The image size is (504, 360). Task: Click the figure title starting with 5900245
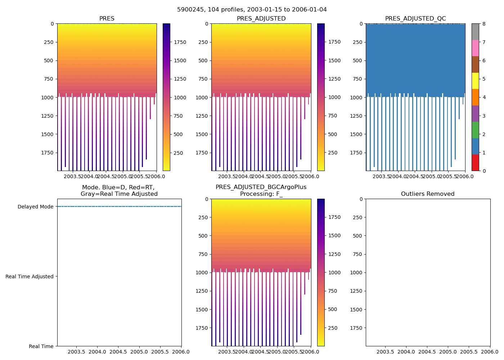point(252,10)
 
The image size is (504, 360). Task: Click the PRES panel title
point(107,19)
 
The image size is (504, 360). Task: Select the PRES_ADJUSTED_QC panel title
point(415,19)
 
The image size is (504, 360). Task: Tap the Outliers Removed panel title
point(428,194)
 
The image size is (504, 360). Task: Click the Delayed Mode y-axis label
point(35,207)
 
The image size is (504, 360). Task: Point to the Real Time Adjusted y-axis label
point(30,276)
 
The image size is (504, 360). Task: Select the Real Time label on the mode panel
point(41,346)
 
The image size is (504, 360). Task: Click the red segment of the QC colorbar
point(475,163)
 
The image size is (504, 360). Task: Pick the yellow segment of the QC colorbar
point(475,81)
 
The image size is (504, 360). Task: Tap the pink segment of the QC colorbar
point(475,48)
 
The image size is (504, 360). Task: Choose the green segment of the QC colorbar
point(475,130)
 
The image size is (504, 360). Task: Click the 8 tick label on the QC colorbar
point(484,24)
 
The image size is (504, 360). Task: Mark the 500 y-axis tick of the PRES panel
point(49,60)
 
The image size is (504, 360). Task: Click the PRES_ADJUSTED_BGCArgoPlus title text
point(261,187)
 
